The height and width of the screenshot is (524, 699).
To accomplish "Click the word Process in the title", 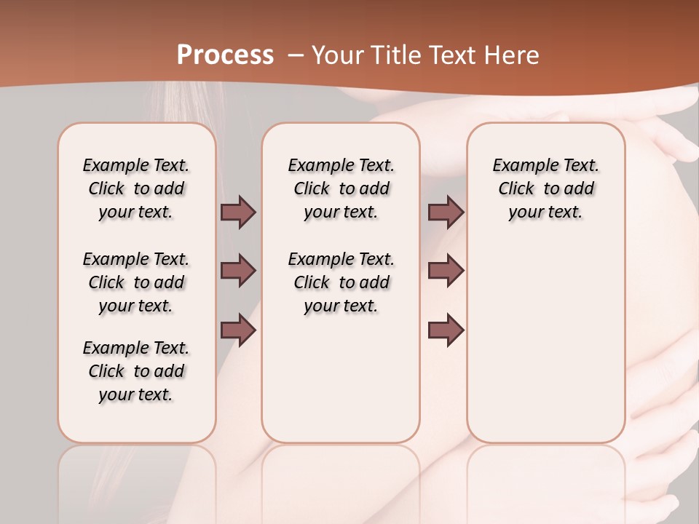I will (226, 55).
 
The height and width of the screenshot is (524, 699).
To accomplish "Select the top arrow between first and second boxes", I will (238, 212).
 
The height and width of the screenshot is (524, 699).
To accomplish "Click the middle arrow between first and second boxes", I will (238, 271).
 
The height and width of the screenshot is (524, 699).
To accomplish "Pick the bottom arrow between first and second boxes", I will (238, 330).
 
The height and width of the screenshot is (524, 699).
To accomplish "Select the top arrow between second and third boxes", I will (446, 212).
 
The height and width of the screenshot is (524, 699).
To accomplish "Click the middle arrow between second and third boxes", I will (446, 271).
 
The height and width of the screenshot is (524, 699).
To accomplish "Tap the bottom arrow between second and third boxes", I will (446, 330).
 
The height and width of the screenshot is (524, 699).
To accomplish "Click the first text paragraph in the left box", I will (136, 188).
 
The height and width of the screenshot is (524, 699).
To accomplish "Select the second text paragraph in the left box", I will (136, 282).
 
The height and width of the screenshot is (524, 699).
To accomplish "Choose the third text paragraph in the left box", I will (136, 371).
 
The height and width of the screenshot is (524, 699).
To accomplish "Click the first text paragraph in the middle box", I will (341, 188).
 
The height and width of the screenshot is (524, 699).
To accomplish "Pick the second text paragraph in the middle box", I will (341, 282).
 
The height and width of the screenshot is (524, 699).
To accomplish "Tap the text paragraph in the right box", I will (546, 188).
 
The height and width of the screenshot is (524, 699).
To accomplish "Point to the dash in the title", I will (296, 55).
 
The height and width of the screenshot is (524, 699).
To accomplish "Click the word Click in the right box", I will (516, 189).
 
